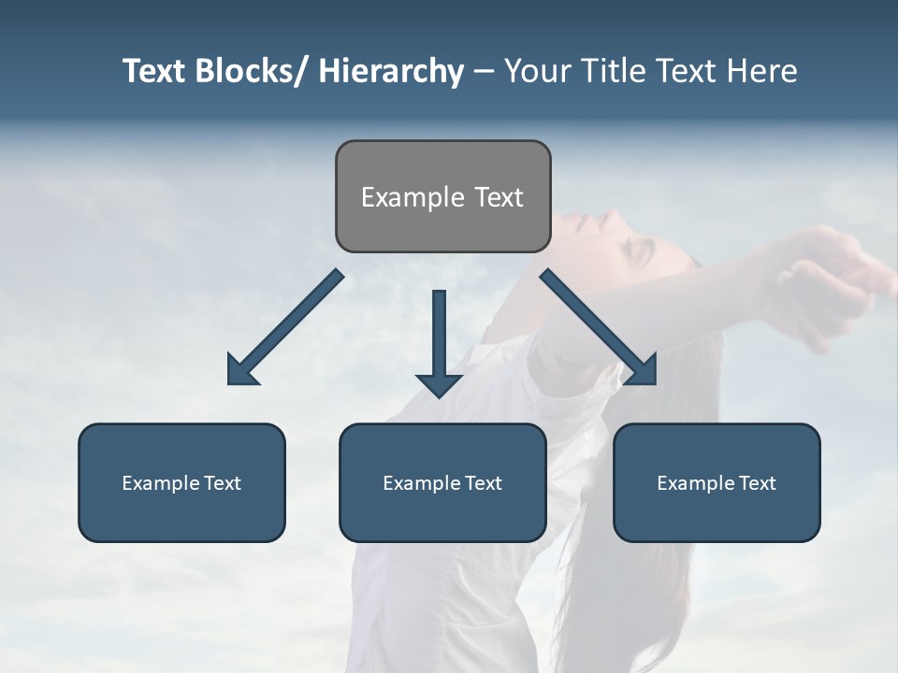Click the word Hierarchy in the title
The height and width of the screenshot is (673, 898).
click(391, 71)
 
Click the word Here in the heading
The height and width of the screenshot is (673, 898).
click(762, 71)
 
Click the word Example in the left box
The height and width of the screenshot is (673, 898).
click(160, 483)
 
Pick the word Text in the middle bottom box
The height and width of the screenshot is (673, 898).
click(482, 483)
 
